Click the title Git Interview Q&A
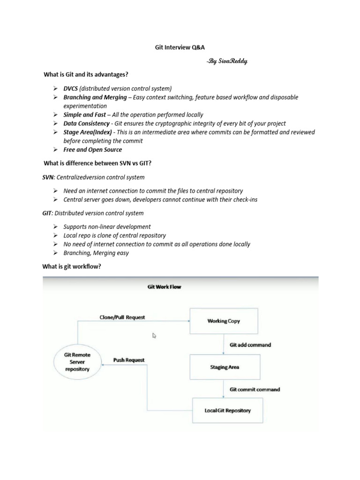(180, 48)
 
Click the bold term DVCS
(71, 88)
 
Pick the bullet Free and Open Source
(92, 150)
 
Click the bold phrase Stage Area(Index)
(88, 132)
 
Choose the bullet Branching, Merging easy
(96, 253)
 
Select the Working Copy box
(224, 321)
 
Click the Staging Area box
(224, 367)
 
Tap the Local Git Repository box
(227, 411)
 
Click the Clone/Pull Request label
(122, 317)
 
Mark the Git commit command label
(255, 389)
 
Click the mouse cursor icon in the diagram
(155, 336)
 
